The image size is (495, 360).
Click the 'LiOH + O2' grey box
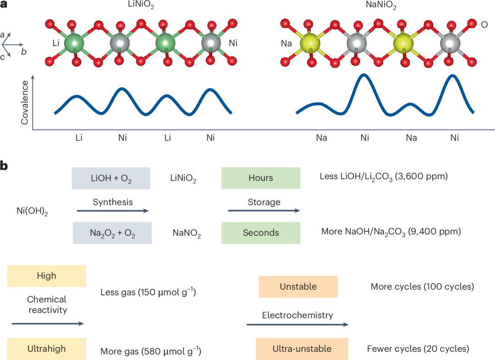click(111, 178)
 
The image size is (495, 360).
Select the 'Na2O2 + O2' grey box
click(111, 233)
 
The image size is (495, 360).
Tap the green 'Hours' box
click(260, 178)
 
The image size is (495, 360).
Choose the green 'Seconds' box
click(260, 233)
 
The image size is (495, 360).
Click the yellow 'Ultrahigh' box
click(46, 349)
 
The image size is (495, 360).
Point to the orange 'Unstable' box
click(298, 287)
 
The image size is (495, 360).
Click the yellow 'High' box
click(46, 276)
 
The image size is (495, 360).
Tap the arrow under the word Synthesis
click(112, 211)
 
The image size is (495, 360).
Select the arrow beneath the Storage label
click(264, 211)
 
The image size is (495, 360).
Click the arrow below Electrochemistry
click(297, 324)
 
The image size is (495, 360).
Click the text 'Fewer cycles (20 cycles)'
click(418, 349)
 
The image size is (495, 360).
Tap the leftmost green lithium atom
click(74, 44)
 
